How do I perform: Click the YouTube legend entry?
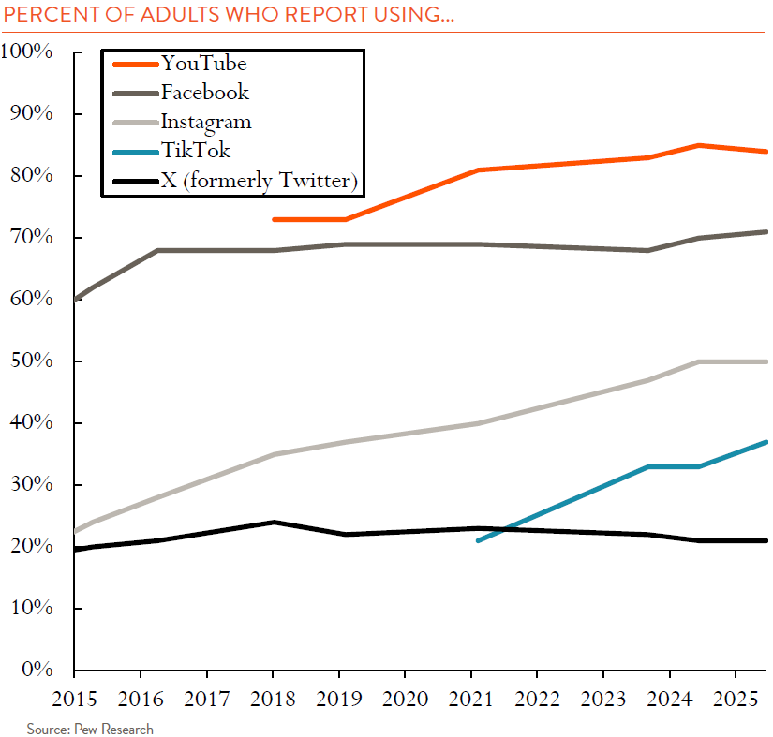tap(203, 64)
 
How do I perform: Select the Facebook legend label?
tap(204, 92)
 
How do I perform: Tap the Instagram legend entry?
tap(205, 122)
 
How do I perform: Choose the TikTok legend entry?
tap(195, 151)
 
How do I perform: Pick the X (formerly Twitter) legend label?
tap(260, 181)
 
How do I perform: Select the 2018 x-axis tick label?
tap(272, 698)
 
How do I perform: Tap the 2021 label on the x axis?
tap(470, 698)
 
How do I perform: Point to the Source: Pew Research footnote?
tap(89, 729)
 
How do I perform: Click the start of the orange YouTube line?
tap(273, 219)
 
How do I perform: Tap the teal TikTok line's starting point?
tap(478, 540)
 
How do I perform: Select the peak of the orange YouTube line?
tap(698, 145)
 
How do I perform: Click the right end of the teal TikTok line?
tap(766, 442)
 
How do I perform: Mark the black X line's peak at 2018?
tap(273, 522)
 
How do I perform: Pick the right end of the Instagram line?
tap(766, 361)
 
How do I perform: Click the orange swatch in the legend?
tap(134, 64)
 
